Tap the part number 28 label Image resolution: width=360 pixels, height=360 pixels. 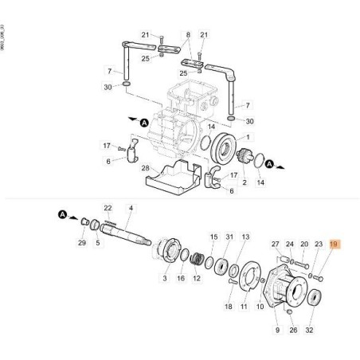[x=145, y=168]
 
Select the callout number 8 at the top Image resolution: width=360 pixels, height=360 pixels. [x=188, y=35]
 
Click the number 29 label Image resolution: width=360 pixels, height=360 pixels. [x=80, y=241]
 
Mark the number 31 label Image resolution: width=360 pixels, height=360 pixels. [x=230, y=237]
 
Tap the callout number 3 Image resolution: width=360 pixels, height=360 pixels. [x=165, y=279]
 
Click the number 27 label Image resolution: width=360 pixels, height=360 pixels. [x=276, y=245]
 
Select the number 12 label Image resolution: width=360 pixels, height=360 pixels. [x=197, y=279]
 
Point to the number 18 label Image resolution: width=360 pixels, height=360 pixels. [x=228, y=306]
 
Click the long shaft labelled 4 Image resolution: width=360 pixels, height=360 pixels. [x=127, y=234]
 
